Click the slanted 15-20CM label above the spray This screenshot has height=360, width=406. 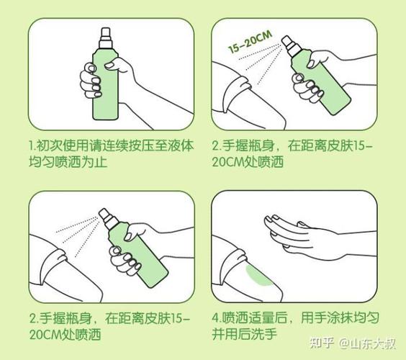(250, 42)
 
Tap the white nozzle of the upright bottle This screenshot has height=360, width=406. (106, 39)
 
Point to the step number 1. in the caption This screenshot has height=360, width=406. (32, 146)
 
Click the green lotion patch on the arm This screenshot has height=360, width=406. (258, 276)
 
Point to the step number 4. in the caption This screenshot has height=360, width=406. (215, 318)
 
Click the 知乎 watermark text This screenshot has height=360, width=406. (321, 343)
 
